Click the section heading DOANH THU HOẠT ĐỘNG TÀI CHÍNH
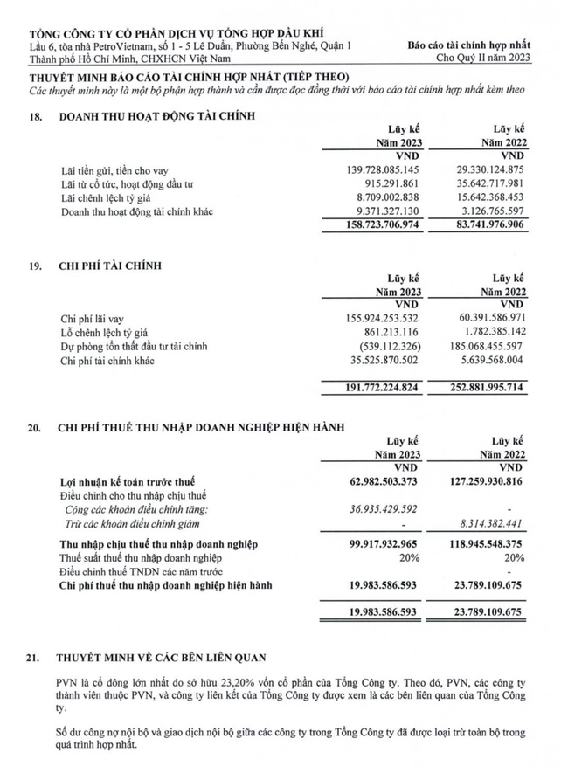tap(157, 114)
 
